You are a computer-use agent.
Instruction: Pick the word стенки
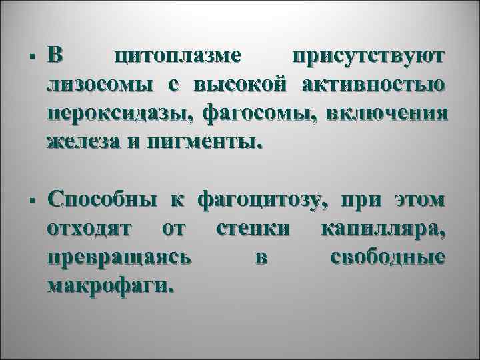(253, 229)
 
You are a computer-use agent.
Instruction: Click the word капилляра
(384, 229)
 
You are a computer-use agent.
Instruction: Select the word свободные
(388, 257)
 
